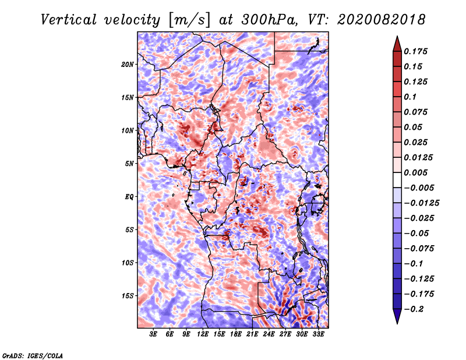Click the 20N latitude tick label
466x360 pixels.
128,64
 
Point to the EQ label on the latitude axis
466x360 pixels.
129,196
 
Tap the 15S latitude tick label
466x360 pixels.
128,295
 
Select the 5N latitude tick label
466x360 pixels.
129,163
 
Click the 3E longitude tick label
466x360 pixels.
154,334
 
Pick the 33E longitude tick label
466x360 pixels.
319,334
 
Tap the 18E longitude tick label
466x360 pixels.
236,334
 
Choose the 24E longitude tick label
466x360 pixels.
269,334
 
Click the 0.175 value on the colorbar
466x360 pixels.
417,51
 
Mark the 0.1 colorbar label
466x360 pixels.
412,97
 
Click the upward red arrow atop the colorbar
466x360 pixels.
396,43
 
